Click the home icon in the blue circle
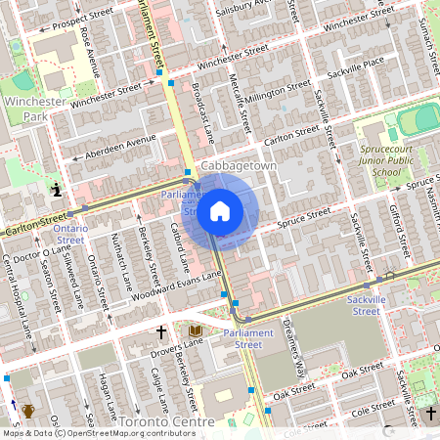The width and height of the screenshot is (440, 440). pyautogui.click(x=220, y=211)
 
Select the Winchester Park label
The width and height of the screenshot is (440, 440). pyautogui.click(x=34, y=109)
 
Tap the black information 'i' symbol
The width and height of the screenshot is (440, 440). pyautogui.click(x=57, y=189)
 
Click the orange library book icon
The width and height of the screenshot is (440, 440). pyautogui.click(x=196, y=332)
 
